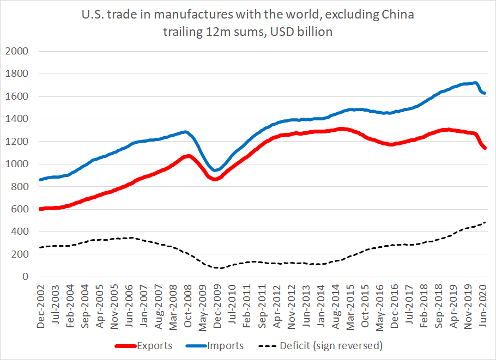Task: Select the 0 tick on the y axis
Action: (24, 277)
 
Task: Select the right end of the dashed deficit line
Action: (485, 222)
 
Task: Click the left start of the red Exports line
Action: (40, 209)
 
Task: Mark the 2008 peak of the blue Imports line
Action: (186, 131)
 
